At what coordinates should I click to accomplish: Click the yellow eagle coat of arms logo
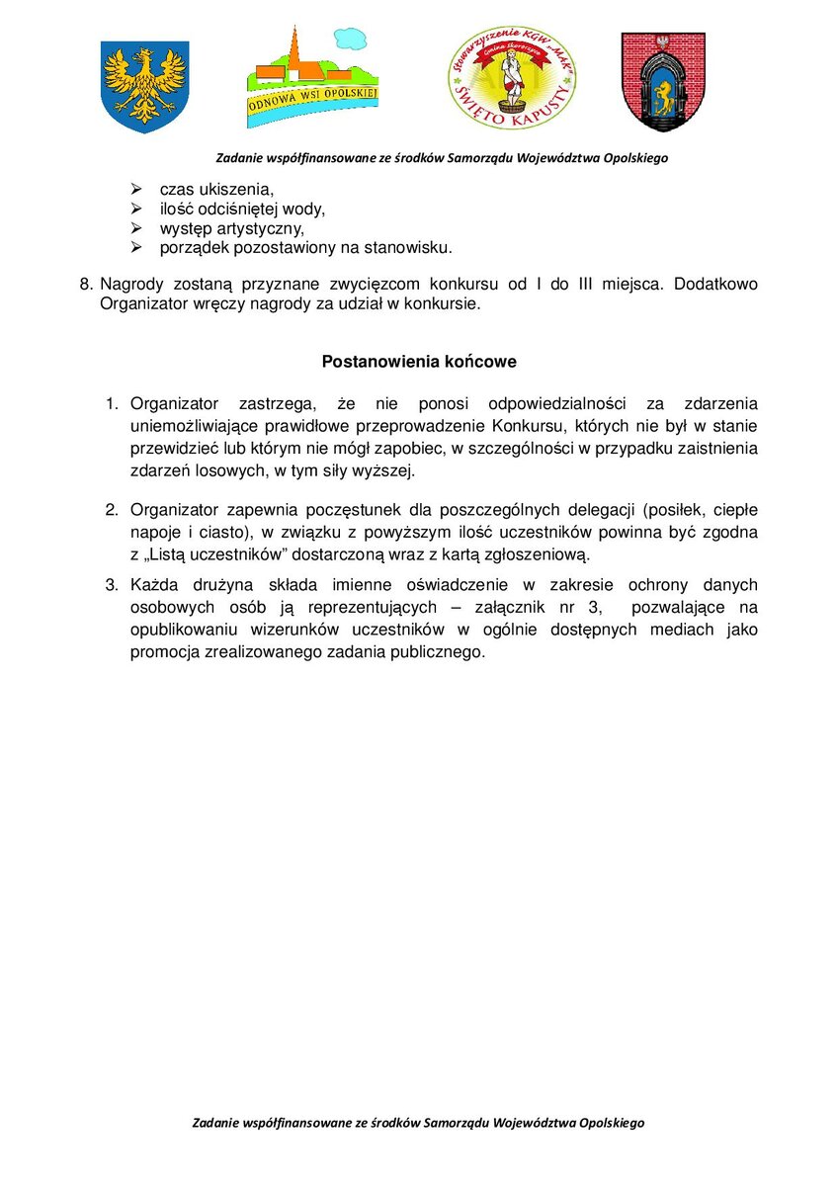pos(144,84)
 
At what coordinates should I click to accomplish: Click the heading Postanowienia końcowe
pos(419,362)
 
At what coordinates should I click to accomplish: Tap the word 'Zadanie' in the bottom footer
pos(219,1124)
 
